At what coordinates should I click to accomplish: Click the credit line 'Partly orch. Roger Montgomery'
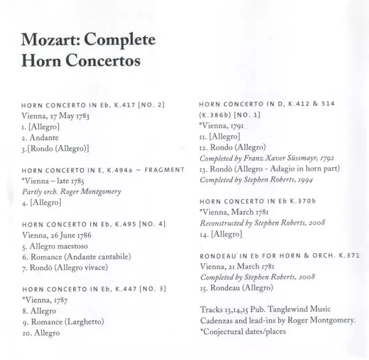point(71,190)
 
